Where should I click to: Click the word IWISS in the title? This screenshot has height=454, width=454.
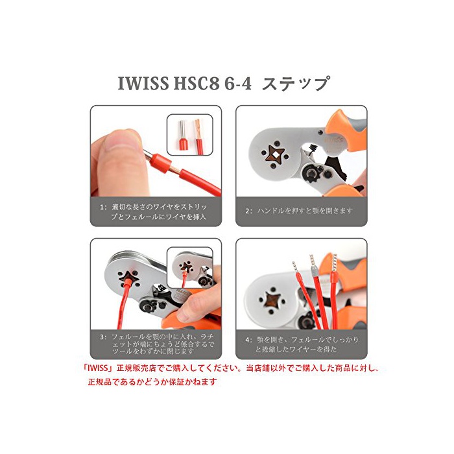point(143,84)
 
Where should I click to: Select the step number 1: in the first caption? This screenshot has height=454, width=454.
point(103,207)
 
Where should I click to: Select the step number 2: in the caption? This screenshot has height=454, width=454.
point(248,211)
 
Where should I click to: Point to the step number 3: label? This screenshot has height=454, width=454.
point(103,337)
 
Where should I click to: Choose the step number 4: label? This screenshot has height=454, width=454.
point(248,340)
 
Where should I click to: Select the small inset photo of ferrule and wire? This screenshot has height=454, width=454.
point(189,135)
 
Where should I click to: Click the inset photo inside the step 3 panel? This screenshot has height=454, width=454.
point(189,267)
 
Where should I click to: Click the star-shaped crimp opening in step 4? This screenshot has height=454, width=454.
point(272,300)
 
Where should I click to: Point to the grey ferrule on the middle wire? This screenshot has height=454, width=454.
point(314,271)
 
